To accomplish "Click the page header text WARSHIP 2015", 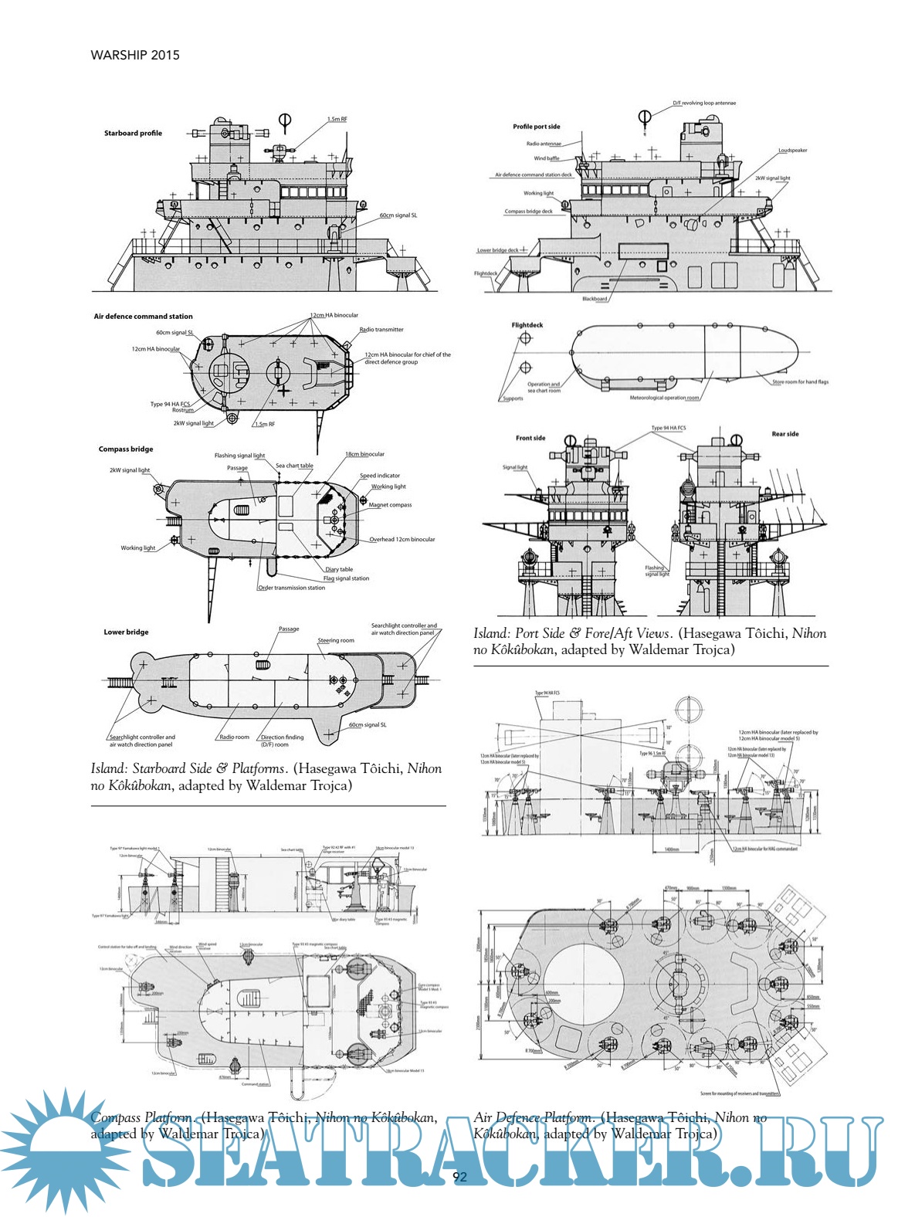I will click(135, 55).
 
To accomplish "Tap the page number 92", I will click(459, 1177).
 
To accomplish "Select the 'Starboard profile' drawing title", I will click(133, 133).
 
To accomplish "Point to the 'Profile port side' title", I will click(537, 127).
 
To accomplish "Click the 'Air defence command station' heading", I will click(143, 317).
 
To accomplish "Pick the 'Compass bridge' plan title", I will click(126, 449).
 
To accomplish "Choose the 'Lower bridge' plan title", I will click(126, 632).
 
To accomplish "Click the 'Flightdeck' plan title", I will click(527, 325).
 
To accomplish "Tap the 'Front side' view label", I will click(530, 438).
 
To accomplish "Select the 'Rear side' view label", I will click(785, 434).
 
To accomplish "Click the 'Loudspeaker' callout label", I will click(792, 151).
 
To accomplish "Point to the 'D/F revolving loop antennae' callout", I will click(704, 103).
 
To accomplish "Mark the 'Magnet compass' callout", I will click(390, 505).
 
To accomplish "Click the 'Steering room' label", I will click(336, 640).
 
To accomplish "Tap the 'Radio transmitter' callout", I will click(381, 330).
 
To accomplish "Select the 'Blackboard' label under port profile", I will click(595, 299).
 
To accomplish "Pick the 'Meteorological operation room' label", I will click(664, 398).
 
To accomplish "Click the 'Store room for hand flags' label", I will click(800, 381).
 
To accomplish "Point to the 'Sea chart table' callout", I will click(294, 466).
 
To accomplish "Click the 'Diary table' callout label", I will click(339, 569).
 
